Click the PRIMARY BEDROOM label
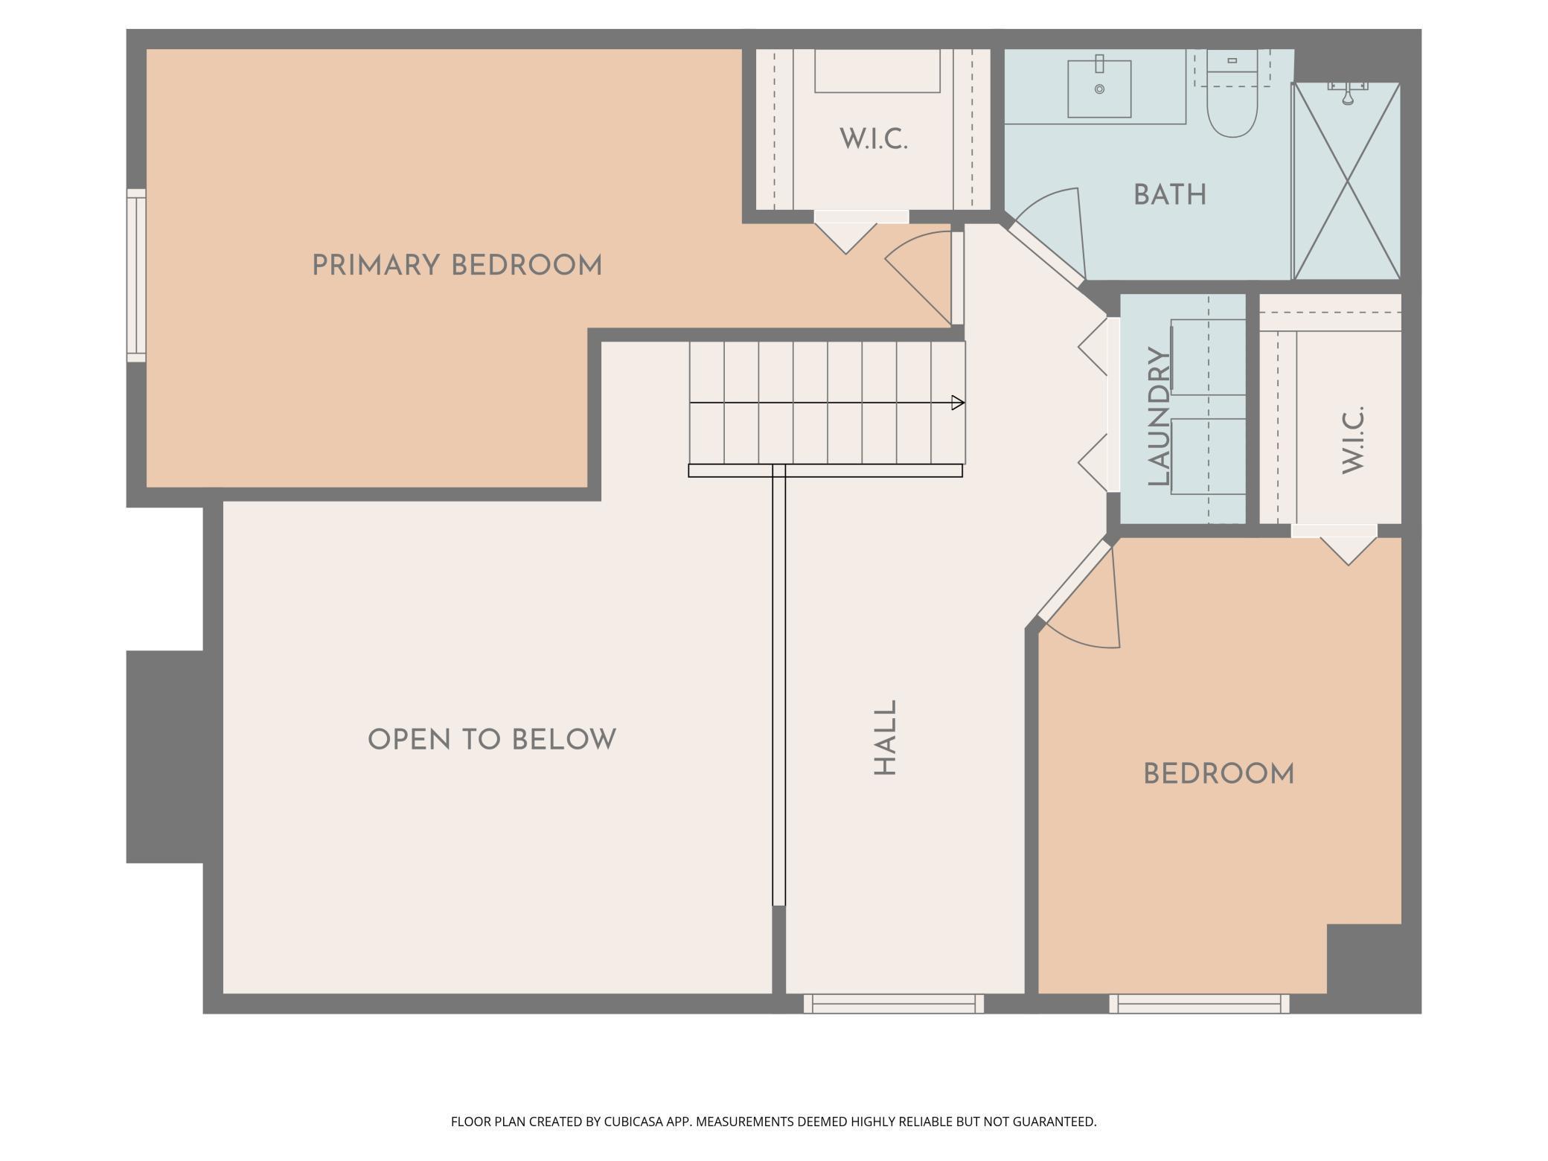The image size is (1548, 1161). [456, 266]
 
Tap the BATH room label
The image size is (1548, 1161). [1170, 195]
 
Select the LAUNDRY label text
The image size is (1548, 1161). [1160, 417]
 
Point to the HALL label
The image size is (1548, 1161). [885, 738]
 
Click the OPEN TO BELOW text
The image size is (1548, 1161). [492, 740]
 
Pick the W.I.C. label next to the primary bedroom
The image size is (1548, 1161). [874, 139]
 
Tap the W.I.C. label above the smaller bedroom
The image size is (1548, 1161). [1353, 439]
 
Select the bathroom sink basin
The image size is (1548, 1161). [1099, 89]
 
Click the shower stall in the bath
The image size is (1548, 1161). [1347, 181]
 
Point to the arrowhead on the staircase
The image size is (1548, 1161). [959, 403]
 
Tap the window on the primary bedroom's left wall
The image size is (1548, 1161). [136, 275]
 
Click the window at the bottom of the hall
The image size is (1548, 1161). [894, 1003]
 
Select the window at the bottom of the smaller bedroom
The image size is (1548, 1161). [1200, 1003]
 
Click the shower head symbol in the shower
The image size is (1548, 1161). [1348, 93]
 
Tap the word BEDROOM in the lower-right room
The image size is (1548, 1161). [1218, 774]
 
